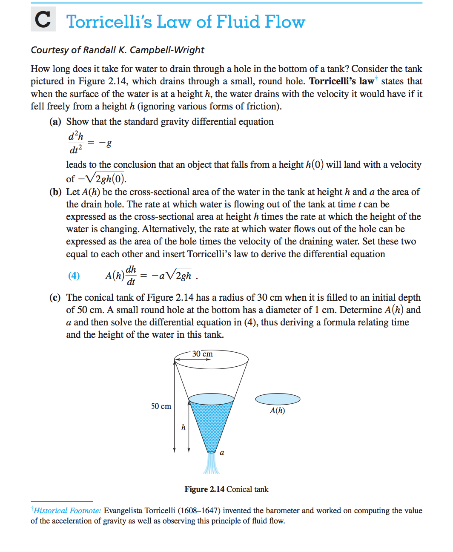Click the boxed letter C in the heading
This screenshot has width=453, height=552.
point(43,20)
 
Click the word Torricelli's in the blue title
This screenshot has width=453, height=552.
point(109,22)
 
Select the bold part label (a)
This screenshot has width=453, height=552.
point(55,122)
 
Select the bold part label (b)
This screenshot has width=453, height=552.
point(55,192)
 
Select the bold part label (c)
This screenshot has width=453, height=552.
point(55,298)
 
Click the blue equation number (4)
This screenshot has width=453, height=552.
point(74,276)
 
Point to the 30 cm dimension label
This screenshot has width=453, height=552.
point(202,354)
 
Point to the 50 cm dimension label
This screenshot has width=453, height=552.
point(161,406)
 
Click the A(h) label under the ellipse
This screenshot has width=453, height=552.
point(277,411)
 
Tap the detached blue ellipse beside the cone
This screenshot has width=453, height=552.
point(278,399)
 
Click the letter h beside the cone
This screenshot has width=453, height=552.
point(183,427)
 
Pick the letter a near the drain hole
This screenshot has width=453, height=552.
point(222,452)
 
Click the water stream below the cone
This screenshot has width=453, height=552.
point(211,464)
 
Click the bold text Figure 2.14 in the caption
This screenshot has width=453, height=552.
point(204,489)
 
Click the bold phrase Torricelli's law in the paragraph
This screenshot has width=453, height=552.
point(341,81)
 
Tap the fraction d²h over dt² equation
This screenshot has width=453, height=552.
point(76,143)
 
